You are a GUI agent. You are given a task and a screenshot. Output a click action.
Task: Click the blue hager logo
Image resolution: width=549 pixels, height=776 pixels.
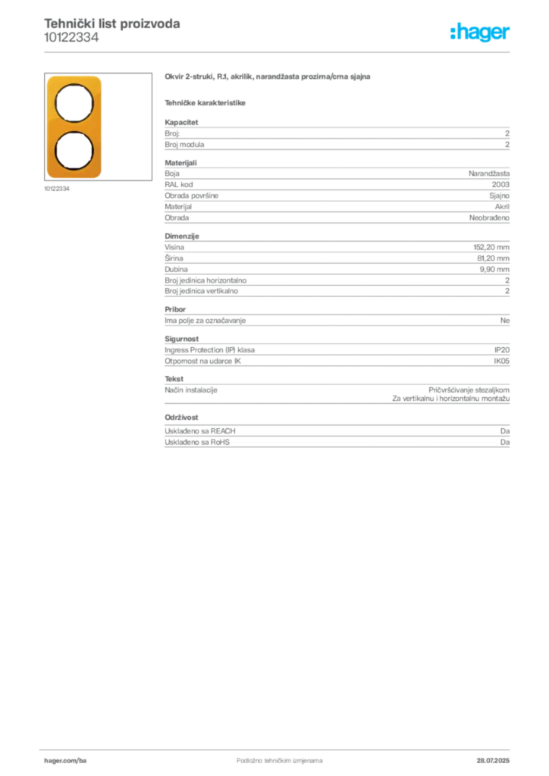481,33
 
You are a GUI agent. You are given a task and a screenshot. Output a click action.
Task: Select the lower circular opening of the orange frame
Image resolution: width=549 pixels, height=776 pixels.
74,149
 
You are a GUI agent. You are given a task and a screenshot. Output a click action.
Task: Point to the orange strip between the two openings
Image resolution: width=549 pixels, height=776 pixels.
74,126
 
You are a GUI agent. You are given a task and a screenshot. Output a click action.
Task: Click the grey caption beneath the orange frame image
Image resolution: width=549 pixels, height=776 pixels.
58,189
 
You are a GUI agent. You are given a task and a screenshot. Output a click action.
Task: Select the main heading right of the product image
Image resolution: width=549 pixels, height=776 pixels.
269,77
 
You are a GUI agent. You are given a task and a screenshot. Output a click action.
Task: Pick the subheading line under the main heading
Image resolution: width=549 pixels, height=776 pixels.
206,103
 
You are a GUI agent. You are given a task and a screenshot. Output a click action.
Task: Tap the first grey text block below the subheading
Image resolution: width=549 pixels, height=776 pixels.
336,136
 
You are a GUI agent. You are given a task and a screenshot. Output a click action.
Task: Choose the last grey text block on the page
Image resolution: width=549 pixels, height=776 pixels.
336,433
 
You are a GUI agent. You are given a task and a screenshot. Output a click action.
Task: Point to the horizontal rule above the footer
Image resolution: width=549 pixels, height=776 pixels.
279,746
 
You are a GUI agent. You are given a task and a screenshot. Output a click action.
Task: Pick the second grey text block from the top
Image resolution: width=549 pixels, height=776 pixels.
336,193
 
